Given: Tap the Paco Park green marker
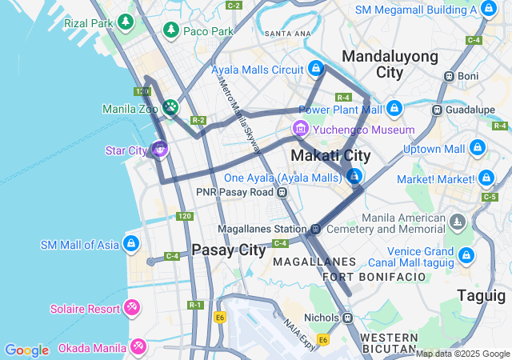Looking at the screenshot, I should click(x=170, y=30).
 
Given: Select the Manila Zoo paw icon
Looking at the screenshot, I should click(x=170, y=108).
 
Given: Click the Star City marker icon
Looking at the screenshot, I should click(x=160, y=149).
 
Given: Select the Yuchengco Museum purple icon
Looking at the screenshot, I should click(x=301, y=128).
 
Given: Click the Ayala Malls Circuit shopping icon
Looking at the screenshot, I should click(x=316, y=69).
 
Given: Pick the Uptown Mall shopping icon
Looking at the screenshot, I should click(x=477, y=148).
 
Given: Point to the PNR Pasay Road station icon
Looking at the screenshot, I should click(x=282, y=192).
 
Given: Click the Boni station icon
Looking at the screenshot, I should click(x=450, y=76).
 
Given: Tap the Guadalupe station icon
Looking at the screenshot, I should click(x=437, y=110).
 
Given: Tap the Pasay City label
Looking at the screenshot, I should click(x=229, y=250).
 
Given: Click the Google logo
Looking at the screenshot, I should click(x=26, y=350).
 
